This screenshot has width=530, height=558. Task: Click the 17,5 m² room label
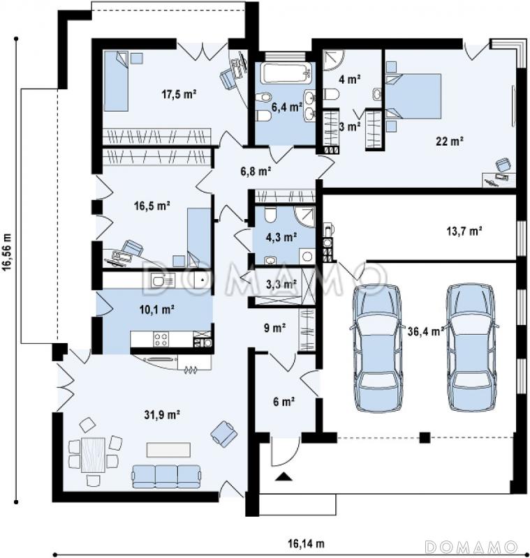(179, 94)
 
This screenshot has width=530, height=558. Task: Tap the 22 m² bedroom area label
(450, 142)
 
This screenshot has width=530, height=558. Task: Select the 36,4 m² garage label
(426, 331)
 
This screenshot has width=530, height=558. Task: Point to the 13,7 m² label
(464, 232)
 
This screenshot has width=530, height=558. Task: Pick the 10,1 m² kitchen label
(156, 310)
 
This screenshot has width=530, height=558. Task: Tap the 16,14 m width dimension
(306, 544)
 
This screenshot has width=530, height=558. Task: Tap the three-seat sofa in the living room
(166, 476)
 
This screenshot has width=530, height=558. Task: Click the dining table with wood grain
(93, 455)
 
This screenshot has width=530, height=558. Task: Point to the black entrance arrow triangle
(284, 476)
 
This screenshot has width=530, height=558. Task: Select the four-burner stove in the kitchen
(161, 339)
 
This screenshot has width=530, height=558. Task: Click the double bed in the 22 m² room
(414, 96)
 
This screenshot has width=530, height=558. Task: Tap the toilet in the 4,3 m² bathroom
(271, 214)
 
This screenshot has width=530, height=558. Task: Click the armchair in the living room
(224, 433)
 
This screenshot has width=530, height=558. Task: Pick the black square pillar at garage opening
(425, 437)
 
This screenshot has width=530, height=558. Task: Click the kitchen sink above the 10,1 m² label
(163, 280)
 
